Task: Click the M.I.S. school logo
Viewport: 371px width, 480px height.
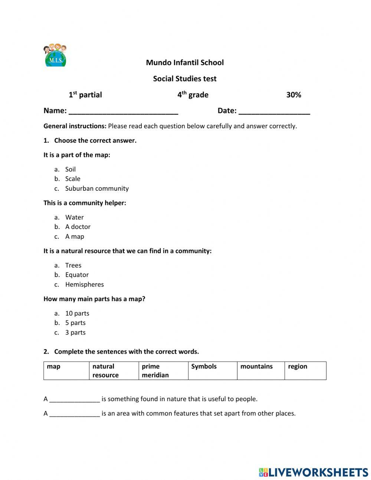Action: (x=55, y=55)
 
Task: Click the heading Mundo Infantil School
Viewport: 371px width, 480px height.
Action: (x=185, y=62)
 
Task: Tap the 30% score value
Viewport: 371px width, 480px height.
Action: (x=293, y=95)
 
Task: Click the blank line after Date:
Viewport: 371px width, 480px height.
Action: (x=274, y=111)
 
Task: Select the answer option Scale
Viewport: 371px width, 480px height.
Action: (x=73, y=179)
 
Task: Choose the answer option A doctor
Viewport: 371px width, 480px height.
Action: (x=78, y=227)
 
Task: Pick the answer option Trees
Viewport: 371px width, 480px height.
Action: (x=73, y=265)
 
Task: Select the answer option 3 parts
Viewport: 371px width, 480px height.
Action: (x=75, y=332)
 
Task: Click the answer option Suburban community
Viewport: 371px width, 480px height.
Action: (x=97, y=189)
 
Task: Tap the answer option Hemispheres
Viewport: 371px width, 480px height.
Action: (x=84, y=284)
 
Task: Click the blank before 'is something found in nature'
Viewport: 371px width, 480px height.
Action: (x=75, y=399)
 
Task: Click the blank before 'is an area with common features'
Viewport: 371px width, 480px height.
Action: (x=75, y=413)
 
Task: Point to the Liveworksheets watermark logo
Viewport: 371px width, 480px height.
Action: (x=313, y=472)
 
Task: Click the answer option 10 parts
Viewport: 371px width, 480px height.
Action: (x=77, y=313)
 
